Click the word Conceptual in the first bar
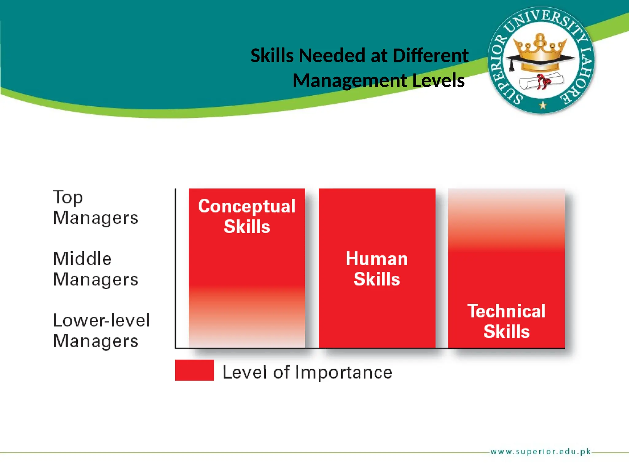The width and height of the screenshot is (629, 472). (x=247, y=206)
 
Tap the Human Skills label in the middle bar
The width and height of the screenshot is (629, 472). (x=377, y=269)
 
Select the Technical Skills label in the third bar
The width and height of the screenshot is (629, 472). (x=506, y=321)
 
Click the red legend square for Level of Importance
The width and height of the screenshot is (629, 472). (x=194, y=370)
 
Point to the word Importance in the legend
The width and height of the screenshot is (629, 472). (x=344, y=372)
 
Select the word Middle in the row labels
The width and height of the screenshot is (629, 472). (x=82, y=259)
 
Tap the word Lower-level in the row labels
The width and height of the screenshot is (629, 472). (x=101, y=320)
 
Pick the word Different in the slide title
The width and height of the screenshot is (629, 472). (x=430, y=56)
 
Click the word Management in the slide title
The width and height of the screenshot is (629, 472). (x=350, y=81)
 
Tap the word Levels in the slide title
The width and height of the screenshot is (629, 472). (x=438, y=81)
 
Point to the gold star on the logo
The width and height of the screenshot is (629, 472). (x=543, y=105)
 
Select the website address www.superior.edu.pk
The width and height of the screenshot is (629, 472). (x=541, y=451)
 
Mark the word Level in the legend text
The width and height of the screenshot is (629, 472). (x=245, y=372)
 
